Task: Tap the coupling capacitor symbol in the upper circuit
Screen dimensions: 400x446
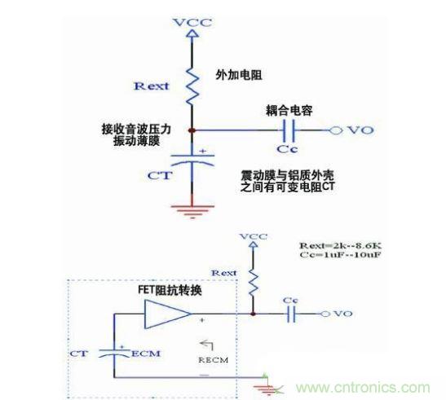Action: pyautogui.click(x=287, y=130)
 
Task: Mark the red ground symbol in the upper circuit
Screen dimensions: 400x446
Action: pyautogui.click(x=192, y=210)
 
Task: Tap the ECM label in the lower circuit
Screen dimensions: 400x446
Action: pyautogui.click(x=139, y=354)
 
